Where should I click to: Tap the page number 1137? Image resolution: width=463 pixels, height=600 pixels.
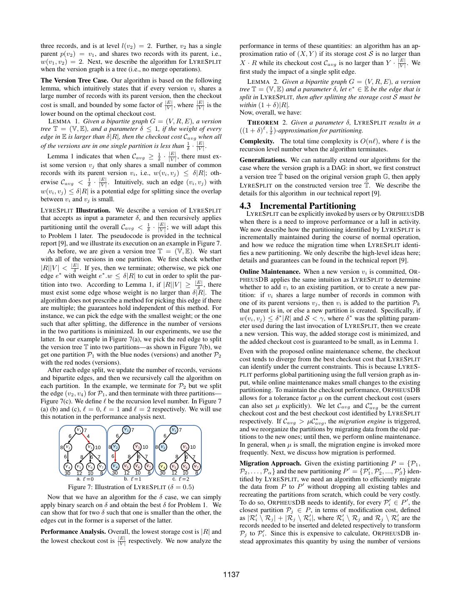click(231, 575)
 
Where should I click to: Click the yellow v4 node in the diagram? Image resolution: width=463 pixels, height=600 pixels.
click(163, 467)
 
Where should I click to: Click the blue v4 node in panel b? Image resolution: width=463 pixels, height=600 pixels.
click(115, 467)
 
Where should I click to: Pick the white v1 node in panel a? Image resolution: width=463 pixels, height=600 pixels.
click(79, 430)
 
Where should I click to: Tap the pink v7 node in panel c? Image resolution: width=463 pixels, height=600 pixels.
click(196, 467)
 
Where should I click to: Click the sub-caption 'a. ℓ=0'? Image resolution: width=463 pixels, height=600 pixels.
click(85, 479)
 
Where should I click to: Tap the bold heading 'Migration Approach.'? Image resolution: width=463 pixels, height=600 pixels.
click(270, 463)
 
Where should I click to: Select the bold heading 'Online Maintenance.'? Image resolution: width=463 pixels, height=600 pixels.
click(270, 272)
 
